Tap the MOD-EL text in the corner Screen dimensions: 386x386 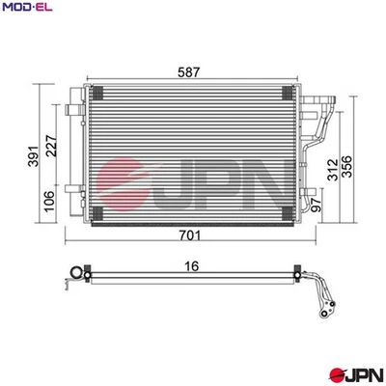tap(24, 9)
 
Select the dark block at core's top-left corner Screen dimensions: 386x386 tap(95, 93)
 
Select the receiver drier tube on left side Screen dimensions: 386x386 tap(74, 145)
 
